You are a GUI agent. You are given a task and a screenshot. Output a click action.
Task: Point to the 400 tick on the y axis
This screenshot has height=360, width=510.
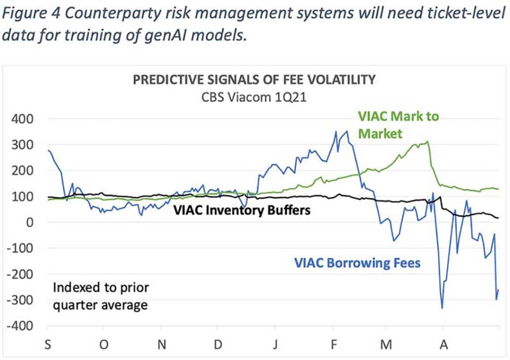pos(23,119)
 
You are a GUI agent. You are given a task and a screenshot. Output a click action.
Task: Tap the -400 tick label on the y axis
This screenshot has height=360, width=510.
pos(20,326)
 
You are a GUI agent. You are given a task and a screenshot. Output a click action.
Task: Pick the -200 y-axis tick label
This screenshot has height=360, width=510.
pos(20,274)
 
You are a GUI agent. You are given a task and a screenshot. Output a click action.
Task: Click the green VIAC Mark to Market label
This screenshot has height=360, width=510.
pos(398,124)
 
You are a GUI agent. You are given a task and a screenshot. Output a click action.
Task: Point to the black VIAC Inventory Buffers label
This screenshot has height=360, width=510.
pos(242,210)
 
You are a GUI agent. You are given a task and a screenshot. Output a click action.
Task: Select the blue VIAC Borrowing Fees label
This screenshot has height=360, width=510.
pos(357,262)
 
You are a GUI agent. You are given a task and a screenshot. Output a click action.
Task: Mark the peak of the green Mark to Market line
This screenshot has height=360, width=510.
pos(427,141)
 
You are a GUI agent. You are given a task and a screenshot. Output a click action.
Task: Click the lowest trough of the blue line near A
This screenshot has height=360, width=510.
pos(442,308)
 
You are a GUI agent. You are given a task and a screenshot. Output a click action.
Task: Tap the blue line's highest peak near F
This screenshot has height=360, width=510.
pos(347,131)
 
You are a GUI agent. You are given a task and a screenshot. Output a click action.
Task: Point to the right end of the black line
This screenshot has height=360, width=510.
pos(498,218)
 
